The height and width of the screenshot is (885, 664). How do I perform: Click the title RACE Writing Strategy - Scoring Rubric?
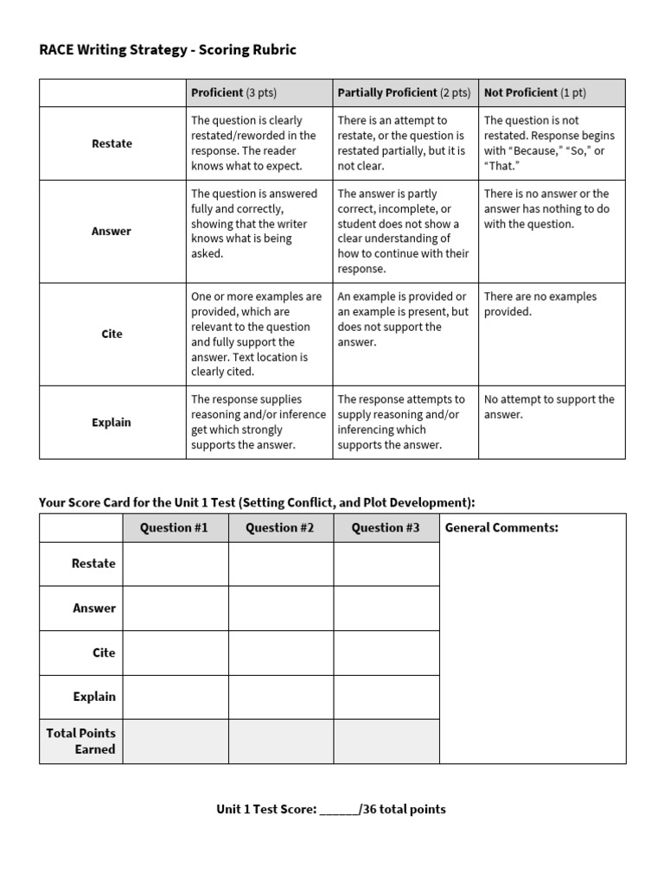tap(168, 50)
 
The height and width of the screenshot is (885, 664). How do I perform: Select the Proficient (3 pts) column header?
tap(233, 92)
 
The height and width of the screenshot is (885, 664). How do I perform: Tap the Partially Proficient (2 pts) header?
tap(404, 92)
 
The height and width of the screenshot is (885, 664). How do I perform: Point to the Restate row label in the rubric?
tap(112, 143)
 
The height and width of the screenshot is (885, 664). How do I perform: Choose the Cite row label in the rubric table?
tap(112, 334)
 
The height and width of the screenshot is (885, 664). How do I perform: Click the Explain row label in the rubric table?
tap(112, 423)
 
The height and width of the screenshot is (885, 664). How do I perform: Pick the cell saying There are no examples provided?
tap(540, 304)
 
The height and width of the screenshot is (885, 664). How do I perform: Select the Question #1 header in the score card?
tap(175, 527)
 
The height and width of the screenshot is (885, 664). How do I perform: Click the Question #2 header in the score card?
tap(280, 527)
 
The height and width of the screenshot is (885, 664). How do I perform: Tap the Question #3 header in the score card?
tap(386, 527)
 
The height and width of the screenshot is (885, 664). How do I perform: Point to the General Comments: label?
tap(501, 527)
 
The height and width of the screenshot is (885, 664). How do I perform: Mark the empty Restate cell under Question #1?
tap(175, 563)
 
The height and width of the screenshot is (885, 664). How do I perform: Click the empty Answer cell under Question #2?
tap(280, 608)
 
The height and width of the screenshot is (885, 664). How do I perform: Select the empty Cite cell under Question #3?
tap(386, 653)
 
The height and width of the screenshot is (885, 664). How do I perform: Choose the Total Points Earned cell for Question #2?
tap(280, 741)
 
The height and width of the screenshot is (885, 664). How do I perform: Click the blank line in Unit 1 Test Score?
tap(339, 811)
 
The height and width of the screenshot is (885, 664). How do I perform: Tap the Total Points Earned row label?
tap(81, 741)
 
